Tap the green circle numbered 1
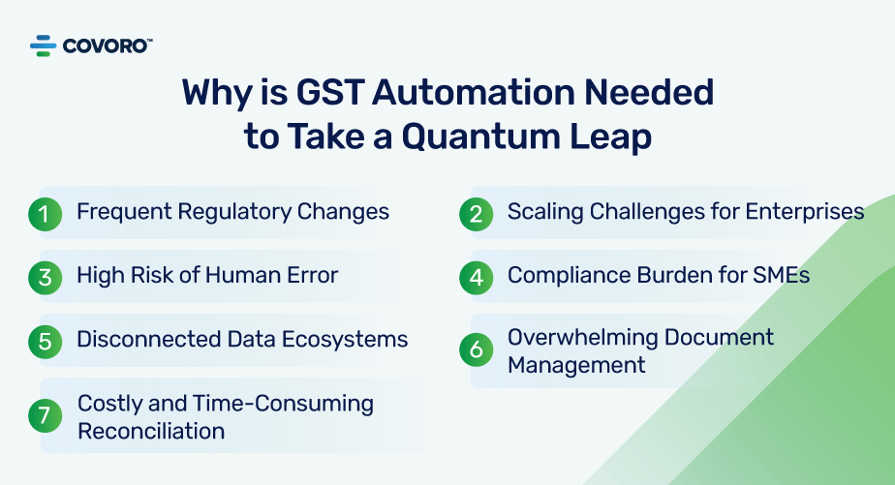click(45, 213)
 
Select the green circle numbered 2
click(476, 213)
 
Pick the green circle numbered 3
click(45, 277)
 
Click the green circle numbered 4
click(476, 277)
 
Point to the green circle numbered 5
click(45, 341)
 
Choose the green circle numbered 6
click(476, 350)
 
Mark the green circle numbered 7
click(45, 415)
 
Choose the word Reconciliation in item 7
click(151, 431)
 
